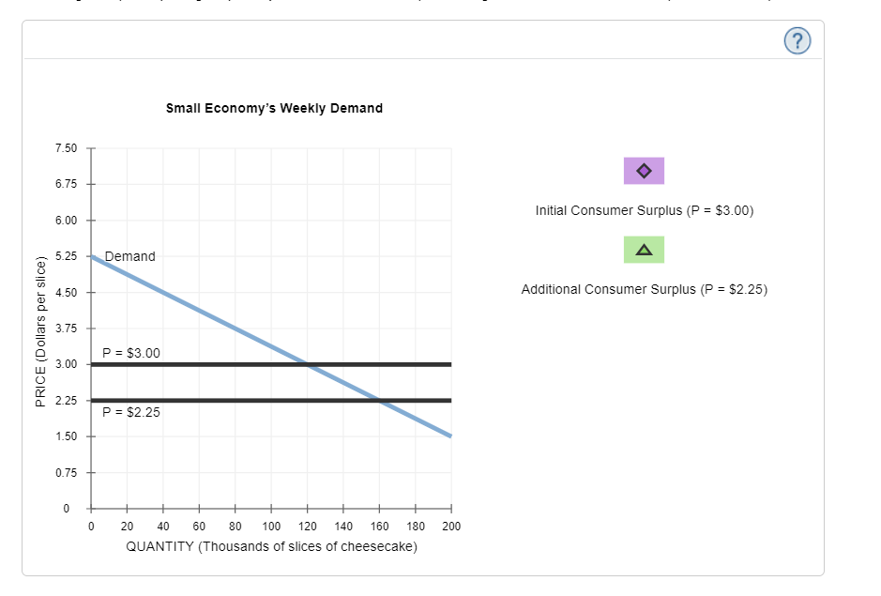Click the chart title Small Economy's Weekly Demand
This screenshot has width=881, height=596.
(274, 108)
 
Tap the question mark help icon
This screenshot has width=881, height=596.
(797, 39)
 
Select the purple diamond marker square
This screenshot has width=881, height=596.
(644, 171)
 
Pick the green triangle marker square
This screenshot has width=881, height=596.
(644, 250)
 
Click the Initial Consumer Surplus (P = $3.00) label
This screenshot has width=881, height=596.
(644, 210)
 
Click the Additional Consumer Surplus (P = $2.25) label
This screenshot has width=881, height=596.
(644, 289)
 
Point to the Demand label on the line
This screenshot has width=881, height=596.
(130, 256)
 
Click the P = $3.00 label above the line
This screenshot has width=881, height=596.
(131, 353)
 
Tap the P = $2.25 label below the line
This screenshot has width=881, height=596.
(131, 411)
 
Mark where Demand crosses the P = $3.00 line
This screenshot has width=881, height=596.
(308, 364)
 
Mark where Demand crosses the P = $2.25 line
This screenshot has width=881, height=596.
(379, 400)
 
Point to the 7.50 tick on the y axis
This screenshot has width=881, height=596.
(66, 148)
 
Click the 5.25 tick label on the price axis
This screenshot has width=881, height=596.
(66, 256)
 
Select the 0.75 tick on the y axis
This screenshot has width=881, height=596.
(66, 472)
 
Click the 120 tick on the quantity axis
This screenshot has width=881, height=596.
(307, 526)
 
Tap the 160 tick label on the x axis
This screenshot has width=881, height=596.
(379, 526)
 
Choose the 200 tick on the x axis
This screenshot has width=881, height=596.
(450, 526)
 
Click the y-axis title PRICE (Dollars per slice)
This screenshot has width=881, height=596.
(40, 329)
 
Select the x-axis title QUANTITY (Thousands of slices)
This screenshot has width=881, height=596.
(271, 546)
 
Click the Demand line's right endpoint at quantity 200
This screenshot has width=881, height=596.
(450, 436)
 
